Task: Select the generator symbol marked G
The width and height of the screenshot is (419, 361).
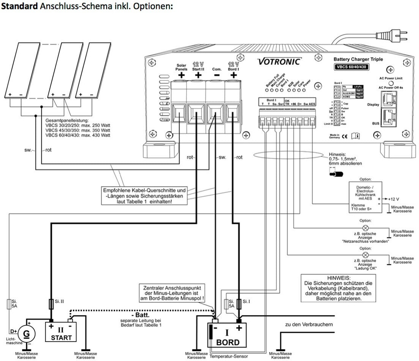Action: coord(27,333)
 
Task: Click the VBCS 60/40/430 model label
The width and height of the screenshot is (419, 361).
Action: coord(352,67)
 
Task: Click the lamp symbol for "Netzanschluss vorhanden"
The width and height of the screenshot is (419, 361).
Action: coord(366,228)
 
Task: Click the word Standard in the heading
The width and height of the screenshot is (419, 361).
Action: coord(18,7)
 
